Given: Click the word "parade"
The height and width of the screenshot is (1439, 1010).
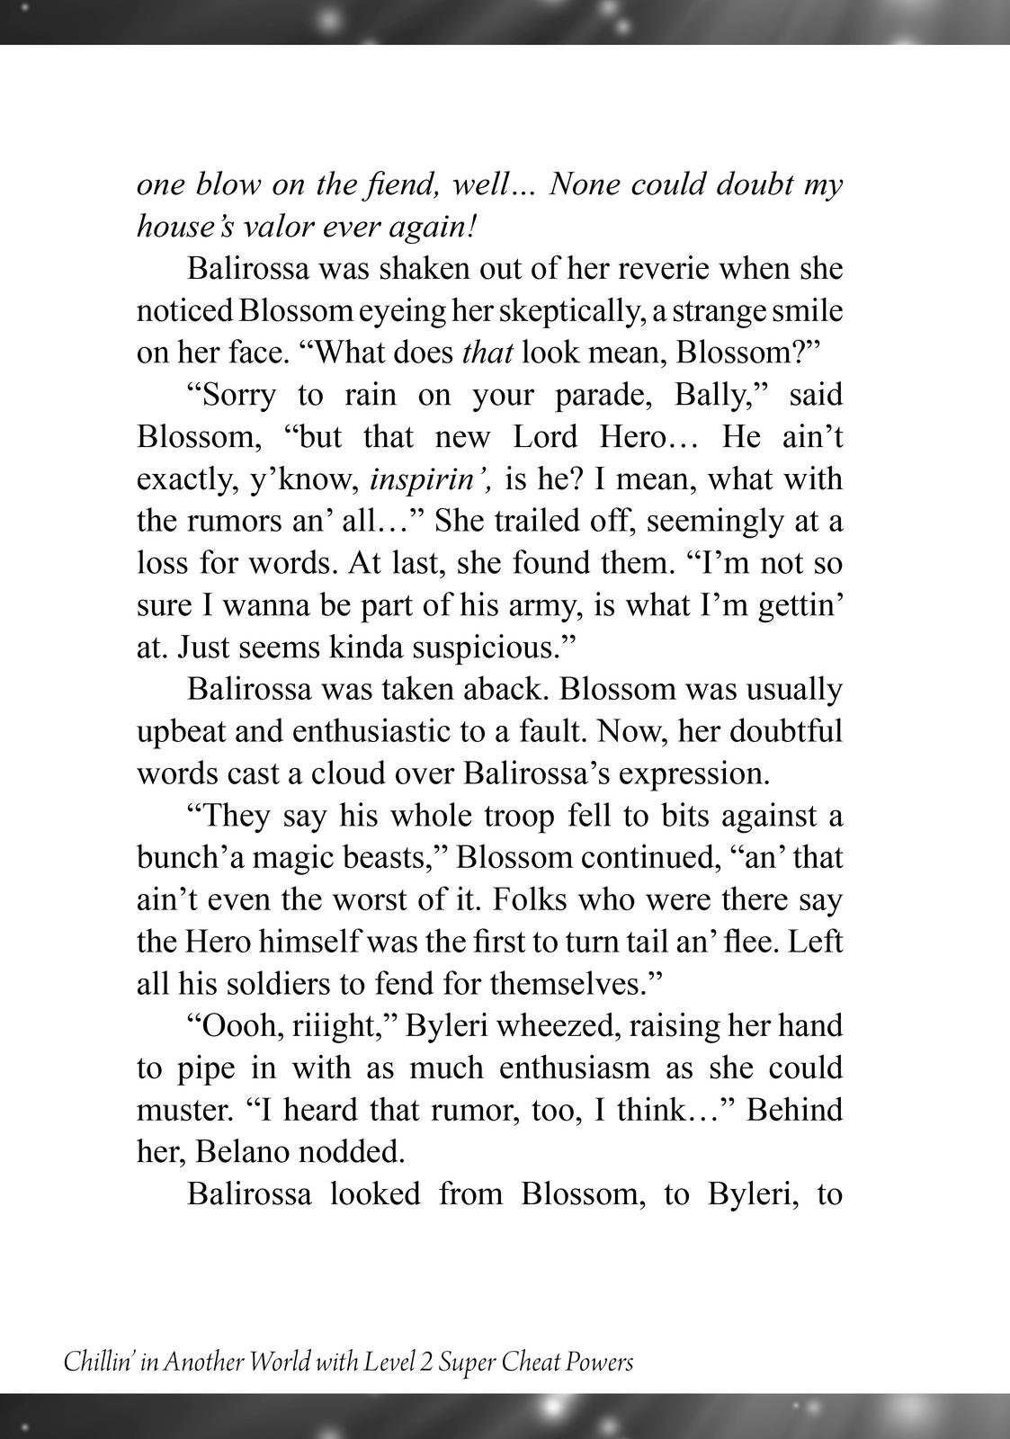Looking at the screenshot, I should (x=654, y=395).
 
